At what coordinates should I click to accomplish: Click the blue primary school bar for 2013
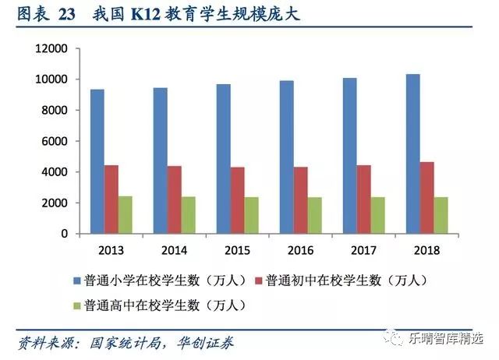(x=97, y=161)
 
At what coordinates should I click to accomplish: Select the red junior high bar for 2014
(x=174, y=199)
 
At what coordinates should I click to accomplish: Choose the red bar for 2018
(x=426, y=198)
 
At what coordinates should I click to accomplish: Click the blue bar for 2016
(x=286, y=157)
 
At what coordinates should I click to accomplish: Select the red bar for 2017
(x=363, y=199)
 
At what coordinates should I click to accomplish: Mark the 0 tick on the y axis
(x=65, y=234)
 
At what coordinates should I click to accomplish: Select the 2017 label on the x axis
(x=363, y=250)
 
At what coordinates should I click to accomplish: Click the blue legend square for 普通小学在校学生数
(x=77, y=279)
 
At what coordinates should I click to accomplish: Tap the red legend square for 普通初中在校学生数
(x=259, y=279)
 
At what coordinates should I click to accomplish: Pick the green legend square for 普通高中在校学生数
(x=77, y=305)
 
